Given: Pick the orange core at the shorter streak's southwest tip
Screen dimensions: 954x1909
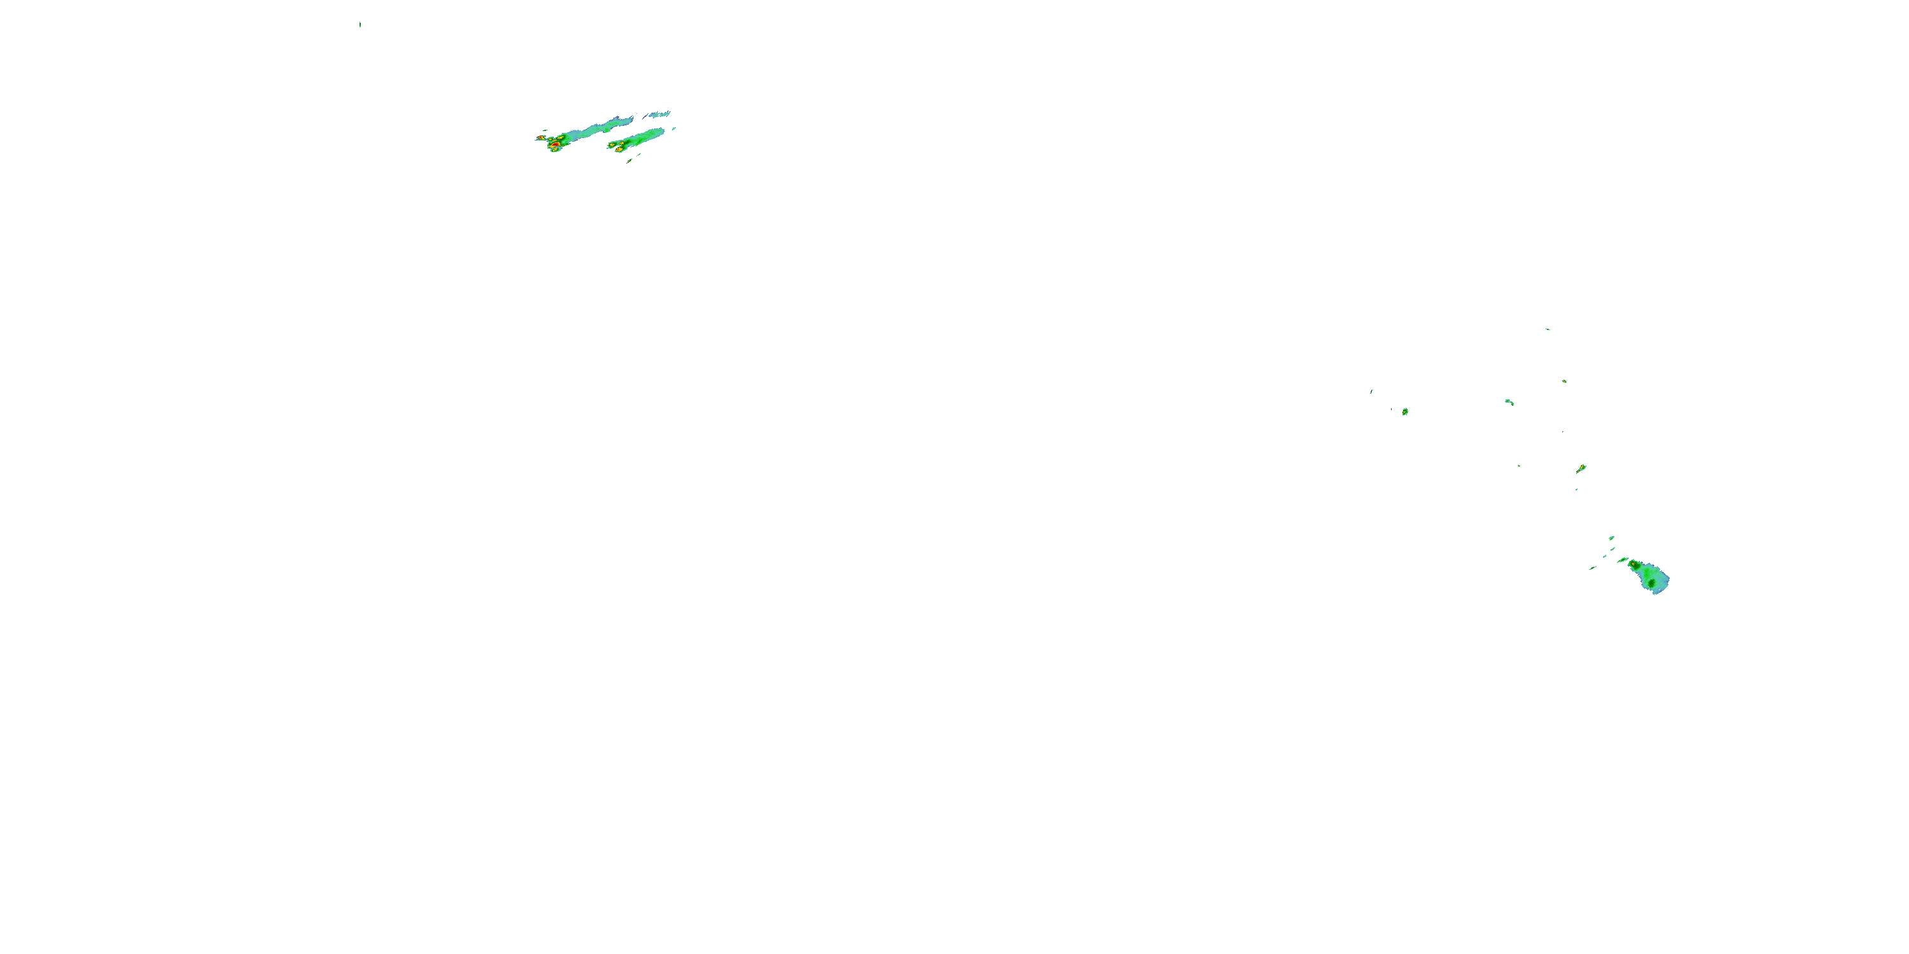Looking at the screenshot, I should (618, 149).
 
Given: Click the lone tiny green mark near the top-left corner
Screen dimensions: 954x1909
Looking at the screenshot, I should (360, 24).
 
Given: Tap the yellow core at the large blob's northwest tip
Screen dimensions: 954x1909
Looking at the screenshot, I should (1633, 565).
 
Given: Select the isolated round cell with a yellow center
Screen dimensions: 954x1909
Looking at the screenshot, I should (1404, 411).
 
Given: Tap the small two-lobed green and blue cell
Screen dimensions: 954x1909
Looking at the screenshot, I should (1509, 402).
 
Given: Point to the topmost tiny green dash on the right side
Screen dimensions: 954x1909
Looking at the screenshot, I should (1548, 329).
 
